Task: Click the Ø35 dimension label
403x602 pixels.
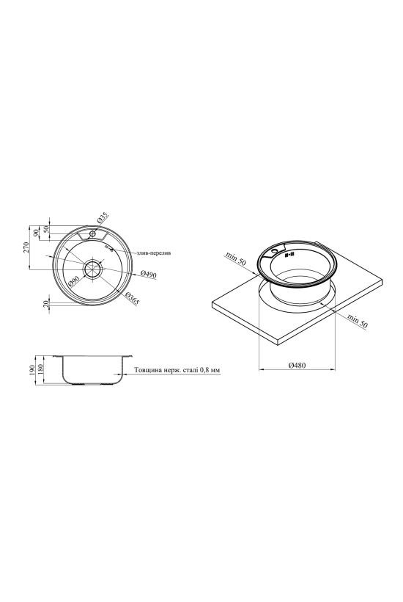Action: (103, 218)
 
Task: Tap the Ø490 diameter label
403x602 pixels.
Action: (149, 274)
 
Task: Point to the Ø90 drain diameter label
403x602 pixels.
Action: (73, 281)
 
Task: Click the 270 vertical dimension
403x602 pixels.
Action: (26, 248)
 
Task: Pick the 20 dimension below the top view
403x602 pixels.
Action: (46, 305)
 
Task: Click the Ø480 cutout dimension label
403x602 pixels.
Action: (297, 366)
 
